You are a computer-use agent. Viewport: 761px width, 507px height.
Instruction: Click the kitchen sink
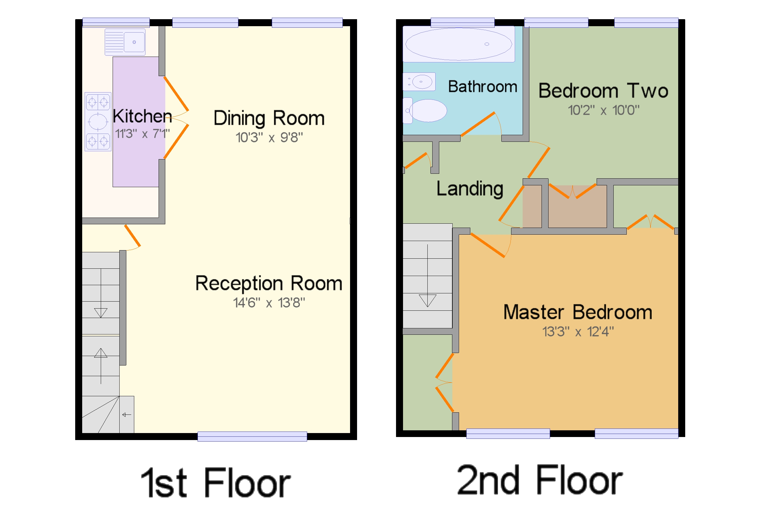(125, 42)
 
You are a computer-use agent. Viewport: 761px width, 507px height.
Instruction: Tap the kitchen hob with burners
(98, 122)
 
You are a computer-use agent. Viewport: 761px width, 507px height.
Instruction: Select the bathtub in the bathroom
(458, 44)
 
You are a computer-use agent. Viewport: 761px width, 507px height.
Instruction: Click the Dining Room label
(269, 118)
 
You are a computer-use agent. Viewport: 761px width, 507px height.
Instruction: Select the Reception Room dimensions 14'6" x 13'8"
(269, 302)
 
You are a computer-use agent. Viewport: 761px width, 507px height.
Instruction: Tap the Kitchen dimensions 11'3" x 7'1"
(142, 134)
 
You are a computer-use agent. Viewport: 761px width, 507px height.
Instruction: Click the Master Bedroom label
(577, 312)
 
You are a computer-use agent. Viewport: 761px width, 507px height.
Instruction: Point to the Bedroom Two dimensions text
(603, 110)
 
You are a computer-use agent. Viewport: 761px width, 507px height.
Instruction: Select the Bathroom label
(482, 87)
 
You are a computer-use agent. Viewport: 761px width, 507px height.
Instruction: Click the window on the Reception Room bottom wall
(252, 436)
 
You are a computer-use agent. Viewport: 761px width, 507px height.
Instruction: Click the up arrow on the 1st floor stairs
(100, 353)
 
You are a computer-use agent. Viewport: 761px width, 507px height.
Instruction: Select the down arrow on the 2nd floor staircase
(427, 300)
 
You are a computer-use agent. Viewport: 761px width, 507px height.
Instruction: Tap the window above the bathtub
(462, 22)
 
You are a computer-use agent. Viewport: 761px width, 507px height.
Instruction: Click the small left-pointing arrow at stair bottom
(126, 414)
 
